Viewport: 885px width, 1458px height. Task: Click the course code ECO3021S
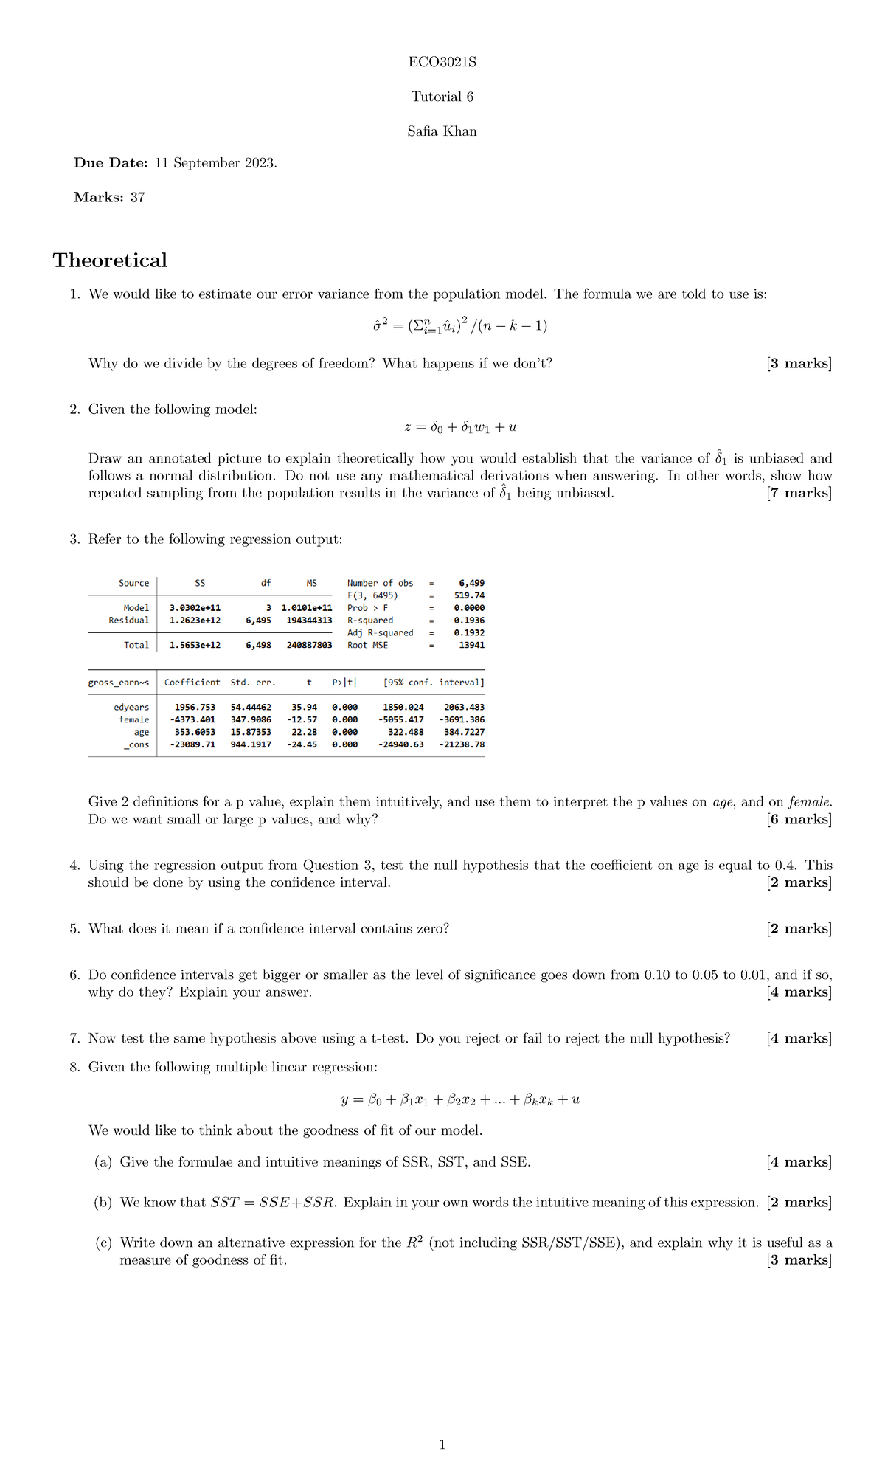442,62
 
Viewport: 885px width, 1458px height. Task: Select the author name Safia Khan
442,131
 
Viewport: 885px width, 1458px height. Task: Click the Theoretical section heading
110,260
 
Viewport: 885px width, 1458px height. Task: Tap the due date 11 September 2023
215,163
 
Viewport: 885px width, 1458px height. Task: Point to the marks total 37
137,198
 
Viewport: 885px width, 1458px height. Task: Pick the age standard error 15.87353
251,732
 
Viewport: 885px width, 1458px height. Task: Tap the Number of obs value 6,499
471,583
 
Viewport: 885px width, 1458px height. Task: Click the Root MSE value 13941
471,645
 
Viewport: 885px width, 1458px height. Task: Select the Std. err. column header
253,683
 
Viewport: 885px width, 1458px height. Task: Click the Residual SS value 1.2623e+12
195,621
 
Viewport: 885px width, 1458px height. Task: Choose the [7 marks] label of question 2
799,493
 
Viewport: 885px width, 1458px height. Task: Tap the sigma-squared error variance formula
460,325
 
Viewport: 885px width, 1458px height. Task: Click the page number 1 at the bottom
442,1445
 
